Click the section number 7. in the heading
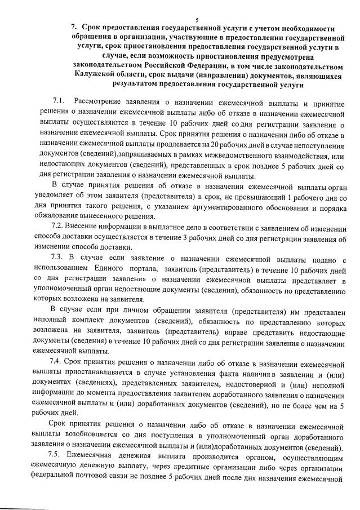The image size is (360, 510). [x=74, y=27]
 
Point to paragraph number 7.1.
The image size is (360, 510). [x=59, y=100]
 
